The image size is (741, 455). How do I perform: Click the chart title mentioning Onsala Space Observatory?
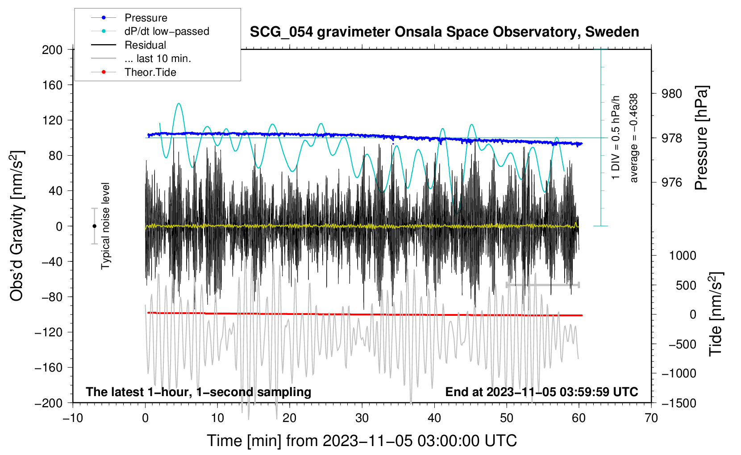pyautogui.click(x=444, y=32)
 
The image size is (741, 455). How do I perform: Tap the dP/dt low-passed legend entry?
pyautogui.click(x=150, y=31)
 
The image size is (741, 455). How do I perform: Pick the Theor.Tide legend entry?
pyautogui.click(x=133, y=72)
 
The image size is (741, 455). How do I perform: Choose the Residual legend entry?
pyautogui.click(x=129, y=45)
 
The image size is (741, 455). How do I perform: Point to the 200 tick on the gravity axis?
pyautogui.click(x=52, y=50)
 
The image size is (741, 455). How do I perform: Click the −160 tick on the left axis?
pyautogui.click(x=48, y=368)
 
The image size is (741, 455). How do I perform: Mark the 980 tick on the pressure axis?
pyautogui.click(x=671, y=94)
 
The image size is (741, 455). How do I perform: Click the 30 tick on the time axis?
pyautogui.click(x=362, y=418)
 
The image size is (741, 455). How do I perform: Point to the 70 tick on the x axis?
pyautogui.click(x=651, y=418)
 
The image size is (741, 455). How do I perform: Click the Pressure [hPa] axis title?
pyautogui.click(x=702, y=138)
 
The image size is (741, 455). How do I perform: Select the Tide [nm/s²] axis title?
pyautogui.click(x=716, y=314)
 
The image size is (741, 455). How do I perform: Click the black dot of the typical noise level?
pyautogui.click(x=94, y=226)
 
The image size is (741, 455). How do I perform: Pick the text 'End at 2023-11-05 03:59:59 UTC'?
pyautogui.click(x=541, y=392)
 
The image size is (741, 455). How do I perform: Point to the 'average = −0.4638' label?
pyautogui.click(x=633, y=138)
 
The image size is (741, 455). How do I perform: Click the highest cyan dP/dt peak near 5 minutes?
pyautogui.click(x=179, y=103)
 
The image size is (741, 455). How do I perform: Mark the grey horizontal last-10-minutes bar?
pyautogui.click(x=543, y=285)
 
